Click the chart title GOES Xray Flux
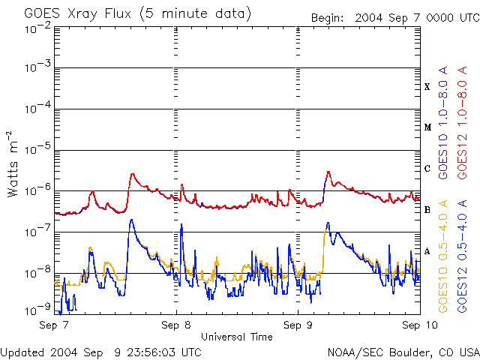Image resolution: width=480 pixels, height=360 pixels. [x=78, y=14]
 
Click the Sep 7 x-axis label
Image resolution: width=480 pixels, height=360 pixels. [x=54, y=325]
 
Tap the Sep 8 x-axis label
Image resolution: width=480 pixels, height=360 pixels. [x=176, y=325]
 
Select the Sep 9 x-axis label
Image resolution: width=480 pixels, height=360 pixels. [x=298, y=325]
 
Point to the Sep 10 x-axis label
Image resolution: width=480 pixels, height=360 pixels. [x=420, y=325]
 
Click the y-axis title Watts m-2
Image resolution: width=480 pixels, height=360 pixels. [x=13, y=164]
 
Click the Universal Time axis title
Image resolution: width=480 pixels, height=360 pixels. [x=237, y=337]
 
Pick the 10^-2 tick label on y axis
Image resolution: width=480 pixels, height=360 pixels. [x=37, y=28]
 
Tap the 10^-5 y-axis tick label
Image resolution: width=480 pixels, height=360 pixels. [x=37, y=149]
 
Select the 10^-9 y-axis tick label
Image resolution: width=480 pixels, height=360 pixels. [x=37, y=310]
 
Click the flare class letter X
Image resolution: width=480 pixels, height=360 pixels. [x=427, y=87]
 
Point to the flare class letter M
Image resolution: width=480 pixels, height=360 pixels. [x=427, y=127]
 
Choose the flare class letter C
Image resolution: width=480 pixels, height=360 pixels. [x=427, y=169]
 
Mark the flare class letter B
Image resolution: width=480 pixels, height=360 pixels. [x=427, y=210]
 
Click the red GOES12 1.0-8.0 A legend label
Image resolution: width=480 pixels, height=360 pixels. [x=462, y=123]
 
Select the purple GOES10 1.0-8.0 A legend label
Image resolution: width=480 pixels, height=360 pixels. [x=442, y=123]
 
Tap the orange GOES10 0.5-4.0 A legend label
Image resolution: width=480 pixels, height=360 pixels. [x=442, y=256]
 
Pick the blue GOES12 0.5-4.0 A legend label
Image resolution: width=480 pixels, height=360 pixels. [x=462, y=256]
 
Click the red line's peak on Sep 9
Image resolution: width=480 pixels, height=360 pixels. [x=328, y=172]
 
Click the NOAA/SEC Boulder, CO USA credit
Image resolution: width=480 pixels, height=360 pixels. [x=403, y=352]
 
